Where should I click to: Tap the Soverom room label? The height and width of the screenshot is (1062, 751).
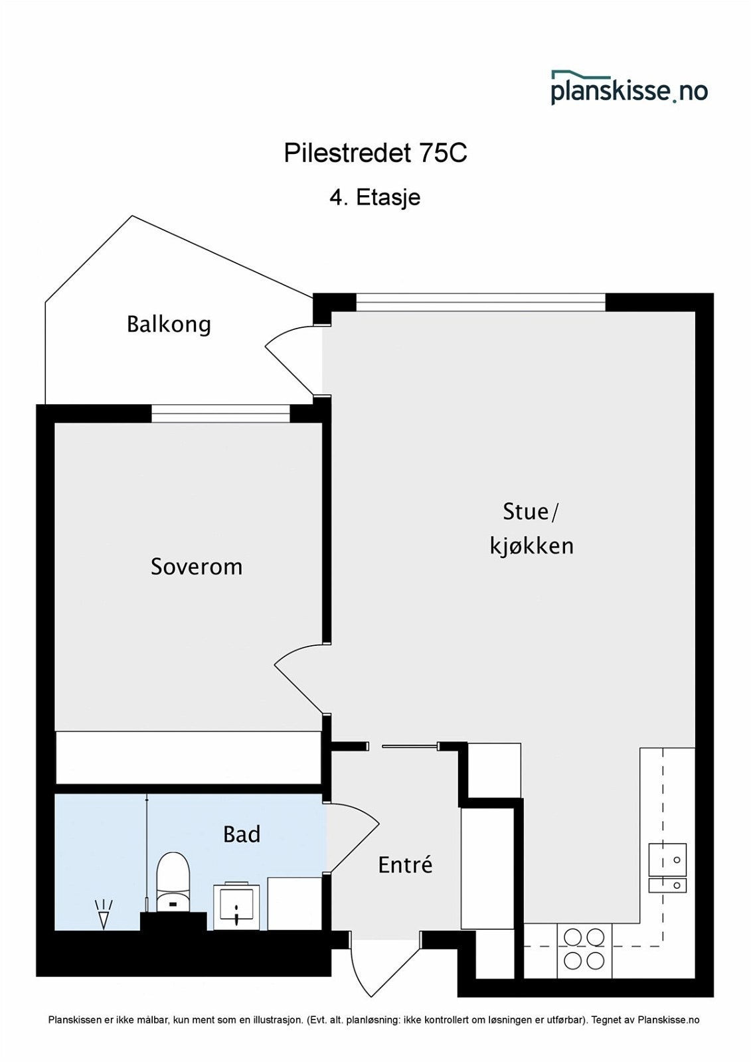[197, 567]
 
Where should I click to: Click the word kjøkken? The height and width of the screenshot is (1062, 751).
[531, 546]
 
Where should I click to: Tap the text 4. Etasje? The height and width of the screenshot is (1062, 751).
[375, 198]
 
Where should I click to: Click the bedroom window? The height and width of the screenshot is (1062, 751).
[220, 414]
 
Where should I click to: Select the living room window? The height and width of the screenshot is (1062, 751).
[481, 303]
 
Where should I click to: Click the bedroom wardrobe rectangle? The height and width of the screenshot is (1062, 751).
[189, 757]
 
